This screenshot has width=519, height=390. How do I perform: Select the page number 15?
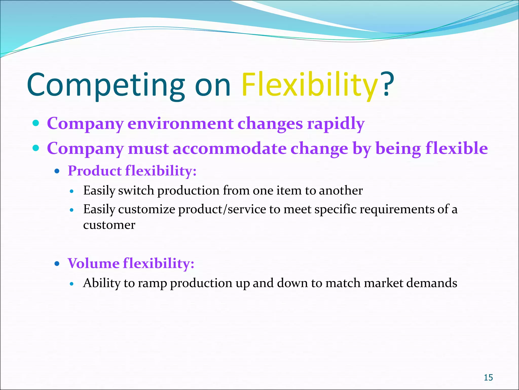coord(488,378)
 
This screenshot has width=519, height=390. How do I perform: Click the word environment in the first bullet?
coord(180,124)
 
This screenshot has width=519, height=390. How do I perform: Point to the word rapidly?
coord(336,124)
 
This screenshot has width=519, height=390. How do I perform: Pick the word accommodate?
coord(230,149)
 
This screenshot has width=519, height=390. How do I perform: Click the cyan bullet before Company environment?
coord(36,123)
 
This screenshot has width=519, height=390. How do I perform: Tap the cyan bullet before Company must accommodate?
coord(36,148)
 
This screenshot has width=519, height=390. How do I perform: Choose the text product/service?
coord(222,210)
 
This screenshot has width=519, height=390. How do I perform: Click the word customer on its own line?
coord(109,225)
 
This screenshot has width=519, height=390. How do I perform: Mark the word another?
coord(341,190)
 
